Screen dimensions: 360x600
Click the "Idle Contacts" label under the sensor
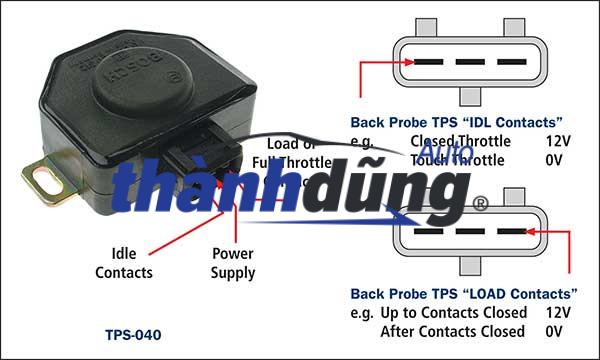click(124, 262)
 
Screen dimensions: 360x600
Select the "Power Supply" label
click(233, 262)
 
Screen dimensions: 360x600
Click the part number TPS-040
click(132, 334)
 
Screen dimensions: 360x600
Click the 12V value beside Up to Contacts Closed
click(557, 312)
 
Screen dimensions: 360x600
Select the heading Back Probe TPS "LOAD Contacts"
click(463, 294)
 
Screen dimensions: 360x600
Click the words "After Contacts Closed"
click(452, 331)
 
